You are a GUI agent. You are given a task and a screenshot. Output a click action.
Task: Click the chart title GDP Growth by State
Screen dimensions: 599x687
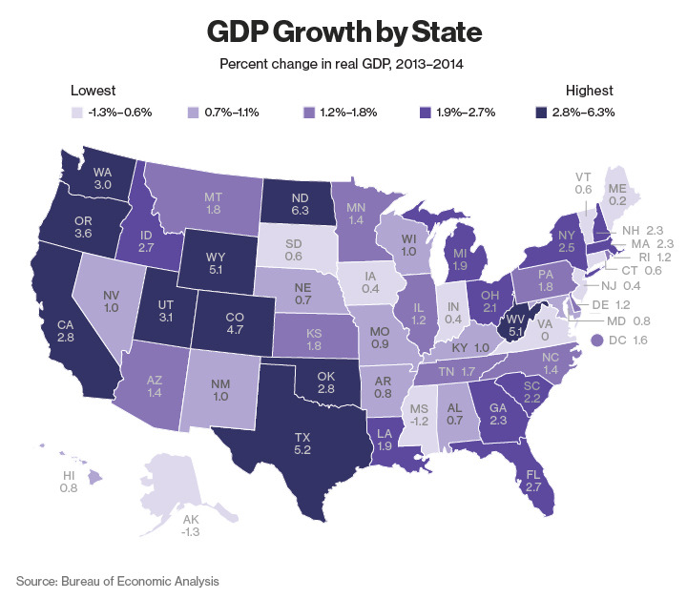tap(343, 32)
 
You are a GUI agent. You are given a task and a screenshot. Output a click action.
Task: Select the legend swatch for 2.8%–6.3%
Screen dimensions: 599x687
tap(541, 113)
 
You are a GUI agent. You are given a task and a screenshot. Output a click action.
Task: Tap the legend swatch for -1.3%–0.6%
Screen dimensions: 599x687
tap(77, 113)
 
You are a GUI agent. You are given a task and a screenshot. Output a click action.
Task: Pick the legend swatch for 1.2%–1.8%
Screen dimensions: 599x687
tap(308, 113)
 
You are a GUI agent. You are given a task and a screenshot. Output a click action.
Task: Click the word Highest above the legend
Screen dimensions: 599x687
tap(589, 92)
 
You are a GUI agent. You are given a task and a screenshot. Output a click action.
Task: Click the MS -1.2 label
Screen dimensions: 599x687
tap(417, 413)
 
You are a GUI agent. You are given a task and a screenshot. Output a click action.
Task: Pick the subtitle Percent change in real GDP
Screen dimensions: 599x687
tap(343, 65)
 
